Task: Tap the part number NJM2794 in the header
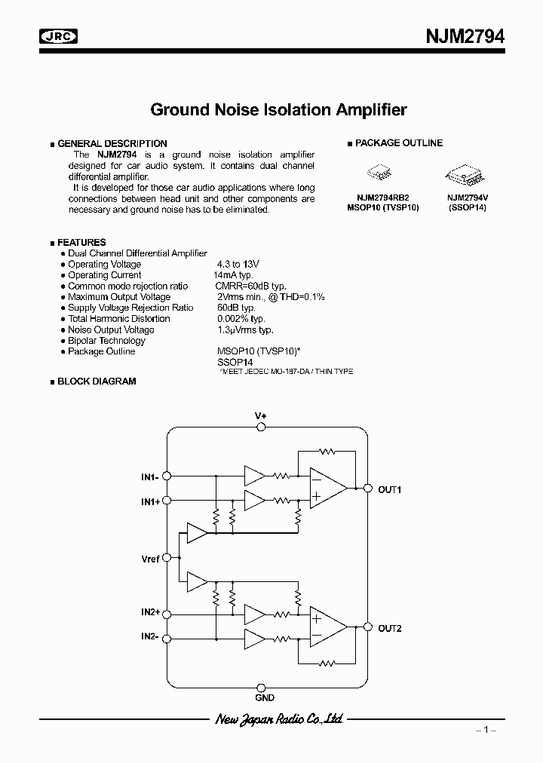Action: point(467,35)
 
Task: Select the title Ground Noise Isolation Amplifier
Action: point(278,109)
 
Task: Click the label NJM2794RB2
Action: point(382,198)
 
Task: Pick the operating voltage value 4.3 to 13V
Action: point(238,265)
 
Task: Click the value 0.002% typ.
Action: point(241,319)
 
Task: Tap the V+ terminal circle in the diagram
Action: point(261,427)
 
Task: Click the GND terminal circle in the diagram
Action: point(261,687)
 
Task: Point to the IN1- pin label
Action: point(150,476)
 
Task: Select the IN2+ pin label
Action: point(150,613)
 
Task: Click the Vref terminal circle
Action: point(167,558)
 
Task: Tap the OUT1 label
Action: point(390,489)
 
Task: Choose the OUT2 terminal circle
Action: point(367,627)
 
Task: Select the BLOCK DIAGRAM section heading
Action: point(97,381)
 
